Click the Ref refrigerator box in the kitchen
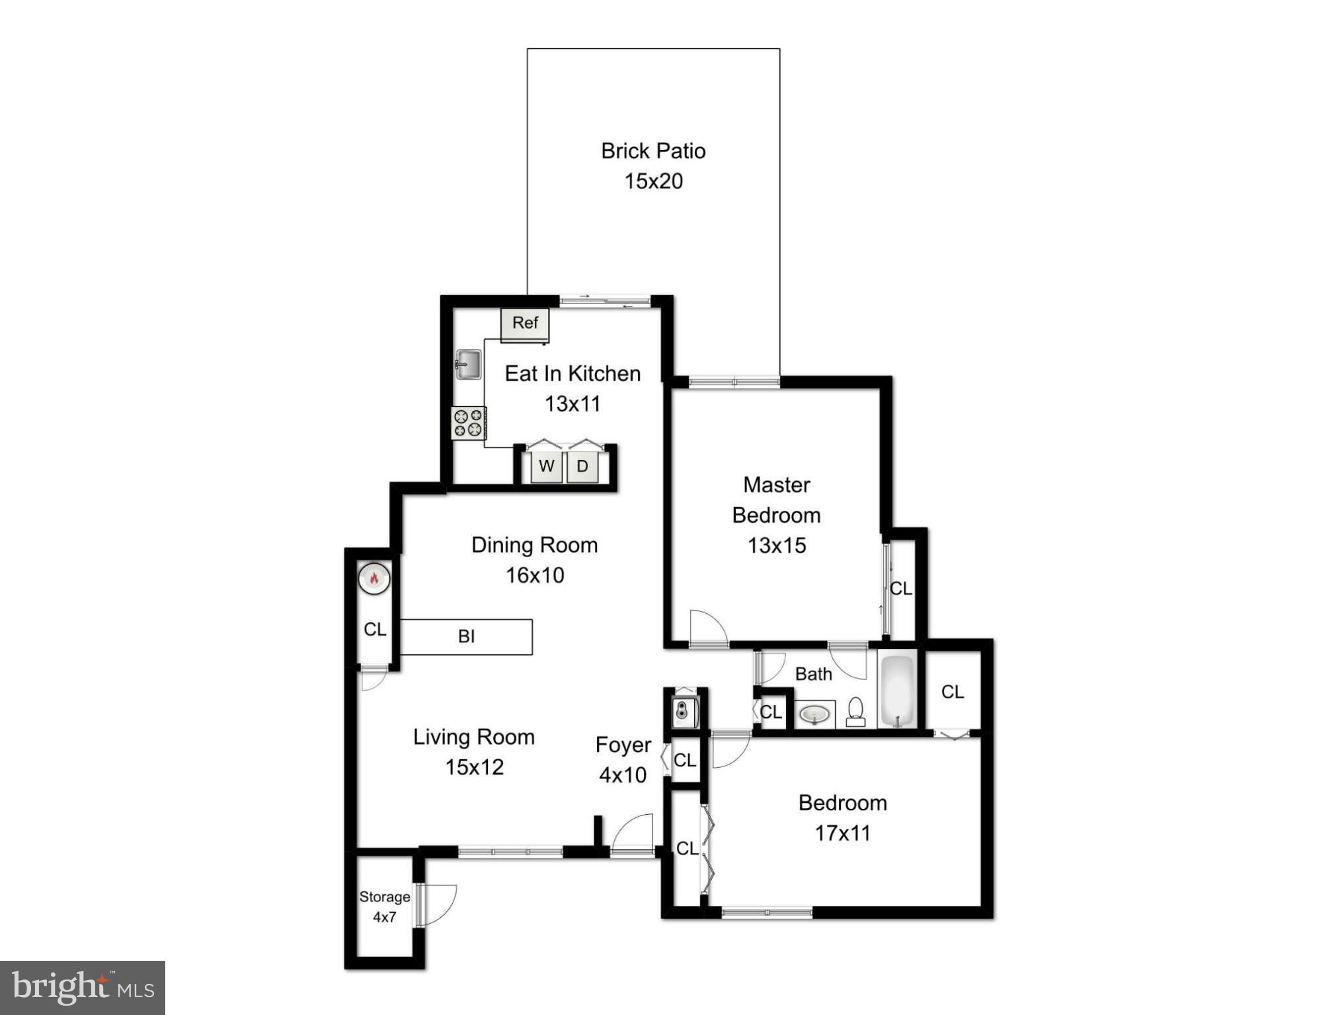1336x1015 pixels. (x=525, y=324)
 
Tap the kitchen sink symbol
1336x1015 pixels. (x=468, y=364)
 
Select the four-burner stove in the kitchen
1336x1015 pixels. (x=468, y=423)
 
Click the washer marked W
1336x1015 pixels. (x=547, y=467)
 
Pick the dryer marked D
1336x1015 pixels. (x=582, y=467)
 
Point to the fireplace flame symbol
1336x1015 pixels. (x=374, y=578)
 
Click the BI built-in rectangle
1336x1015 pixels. (x=466, y=636)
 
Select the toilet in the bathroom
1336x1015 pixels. (x=855, y=712)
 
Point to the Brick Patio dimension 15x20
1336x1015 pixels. (x=653, y=181)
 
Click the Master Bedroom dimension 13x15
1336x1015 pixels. (x=777, y=546)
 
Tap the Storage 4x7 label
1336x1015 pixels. (x=384, y=907)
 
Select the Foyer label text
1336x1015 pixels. (x=623, y=745)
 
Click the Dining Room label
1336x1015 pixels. (x=534, y=545)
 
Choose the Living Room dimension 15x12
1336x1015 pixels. (x=474, y=767)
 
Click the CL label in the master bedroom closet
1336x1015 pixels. (x=900, y=588)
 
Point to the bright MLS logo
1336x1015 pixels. (x=83, y=987)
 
